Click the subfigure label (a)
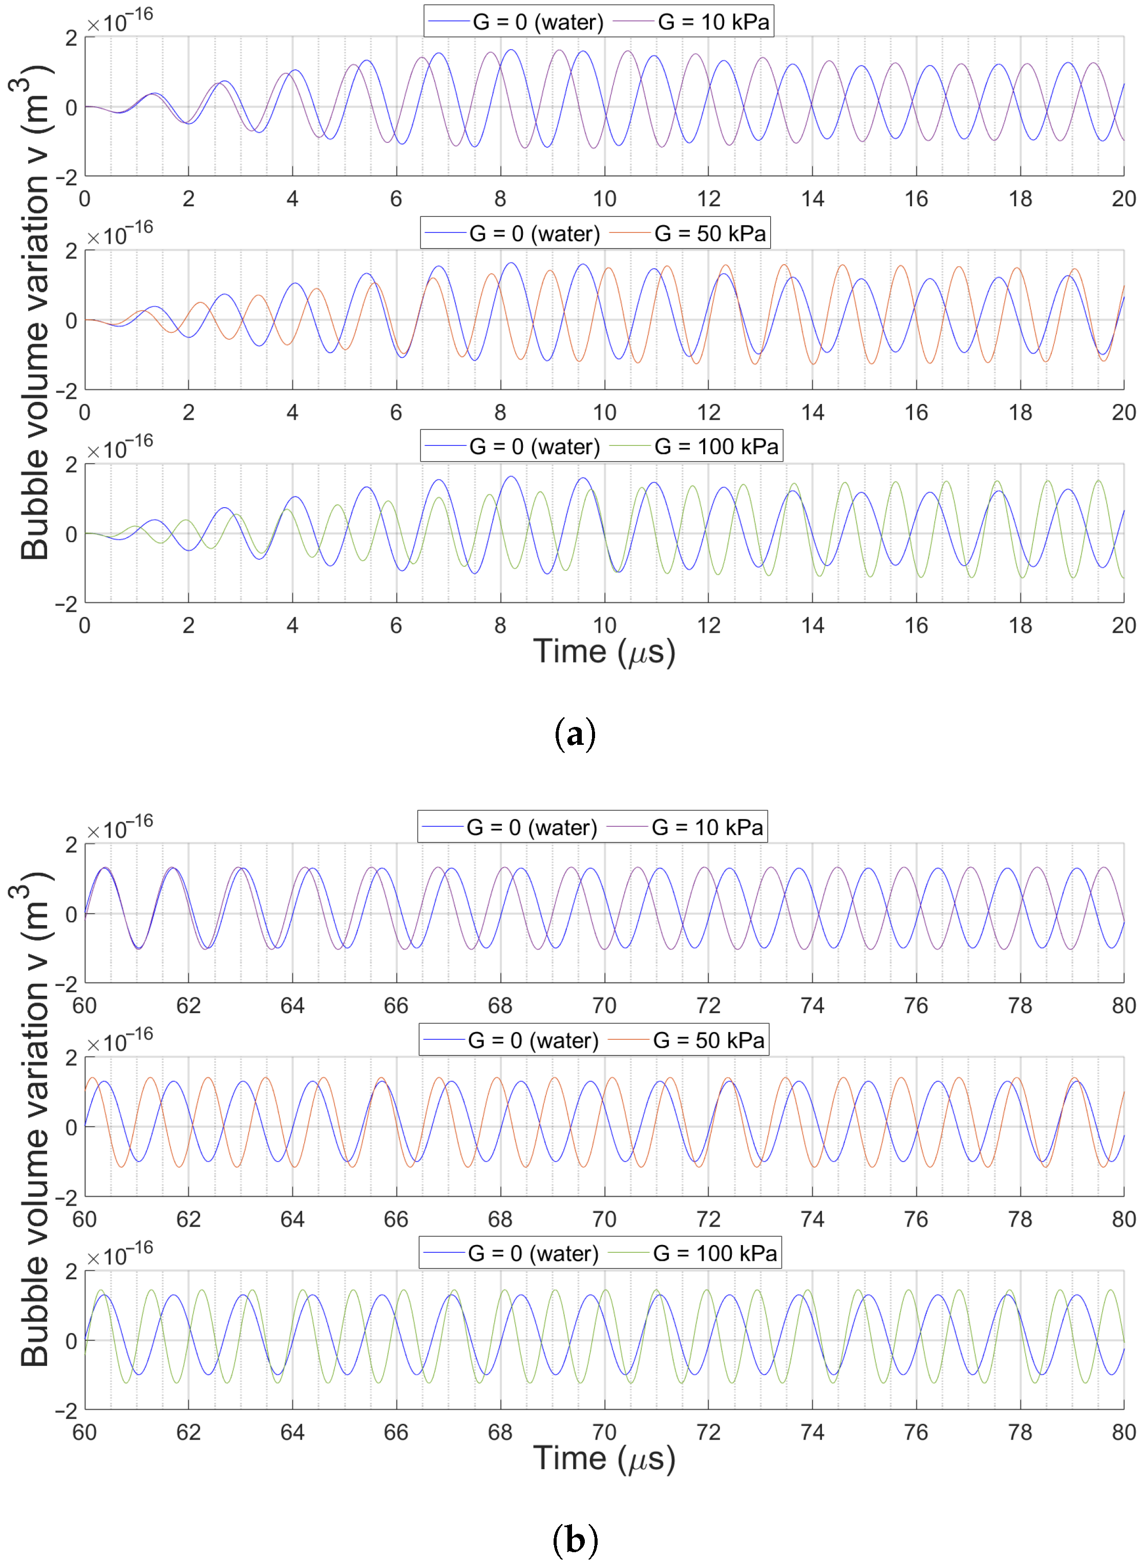(575, 734)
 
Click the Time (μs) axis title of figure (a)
(604, 652)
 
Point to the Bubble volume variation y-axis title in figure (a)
(34, 311)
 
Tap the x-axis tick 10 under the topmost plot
(604, 199)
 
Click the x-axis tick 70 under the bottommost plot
(604, 1432)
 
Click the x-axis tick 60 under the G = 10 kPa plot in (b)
(84, 1005)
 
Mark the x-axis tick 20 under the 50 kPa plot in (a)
(1124, 413)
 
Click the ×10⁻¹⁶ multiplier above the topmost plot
(119, 20)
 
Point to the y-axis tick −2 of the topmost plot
(67, 178)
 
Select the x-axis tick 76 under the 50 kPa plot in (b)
(916, 1219)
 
